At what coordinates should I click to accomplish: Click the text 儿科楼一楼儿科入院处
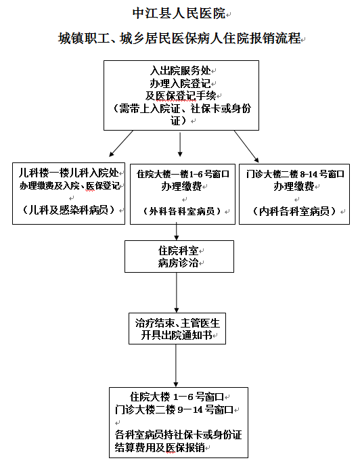pos(69,173)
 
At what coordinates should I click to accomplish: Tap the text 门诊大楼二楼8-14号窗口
pos(294,173)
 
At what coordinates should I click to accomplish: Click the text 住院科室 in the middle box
pos(177,250)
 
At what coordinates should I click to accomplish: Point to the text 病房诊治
pos(177,263)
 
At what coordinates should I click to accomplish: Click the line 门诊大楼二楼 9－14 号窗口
pos(173,409)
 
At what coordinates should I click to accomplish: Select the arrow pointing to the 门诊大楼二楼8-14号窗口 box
pos(246,143)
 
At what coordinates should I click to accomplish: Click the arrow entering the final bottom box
pos(177,366)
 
